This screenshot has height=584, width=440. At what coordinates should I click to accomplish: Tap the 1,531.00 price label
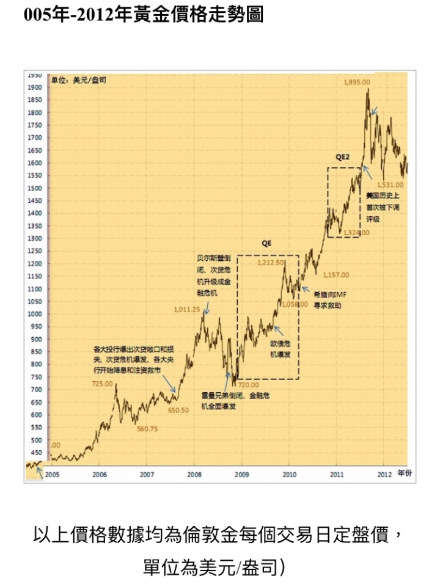pos(390,184)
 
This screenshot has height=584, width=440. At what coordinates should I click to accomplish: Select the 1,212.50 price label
pos(270,263)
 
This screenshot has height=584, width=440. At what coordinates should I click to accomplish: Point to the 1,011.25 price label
pos(187,310)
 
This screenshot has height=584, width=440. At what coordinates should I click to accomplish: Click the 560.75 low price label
pos(147,429)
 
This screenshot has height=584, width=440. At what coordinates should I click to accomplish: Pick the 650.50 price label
pos(178,411)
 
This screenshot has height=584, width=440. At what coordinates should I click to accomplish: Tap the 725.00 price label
pos(102,384)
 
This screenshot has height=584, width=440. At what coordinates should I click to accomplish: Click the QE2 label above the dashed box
pos(342,157)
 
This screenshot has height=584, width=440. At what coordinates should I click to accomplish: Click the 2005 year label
pos(52,474)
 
